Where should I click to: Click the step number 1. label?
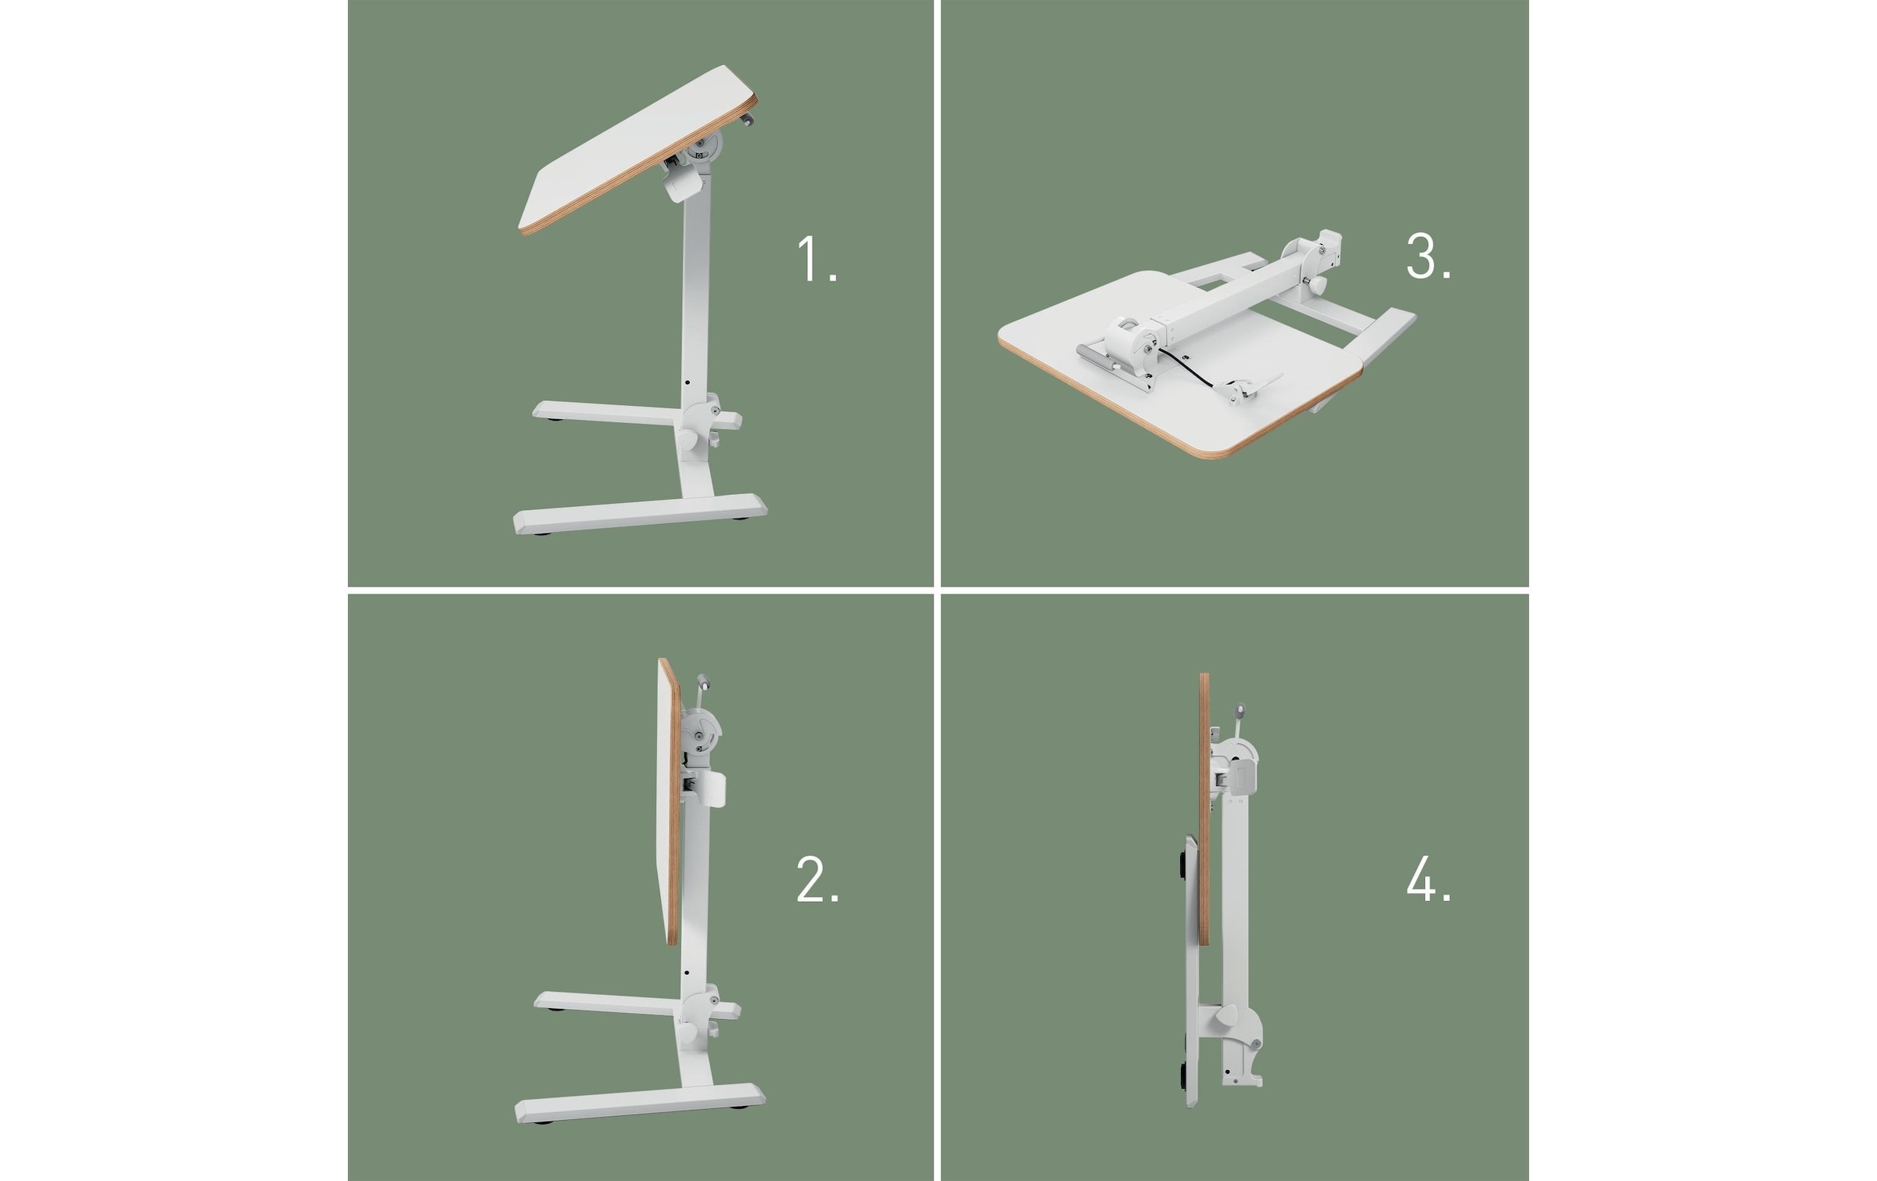(x=816, y=260)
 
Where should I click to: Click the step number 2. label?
(x=817, y=881)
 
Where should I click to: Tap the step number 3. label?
(x=1428, y=257)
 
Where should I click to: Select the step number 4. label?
(x=1428, y=881)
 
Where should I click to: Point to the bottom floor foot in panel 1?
(x=640, y=514)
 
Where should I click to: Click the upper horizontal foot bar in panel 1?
(x=602, y=413)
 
